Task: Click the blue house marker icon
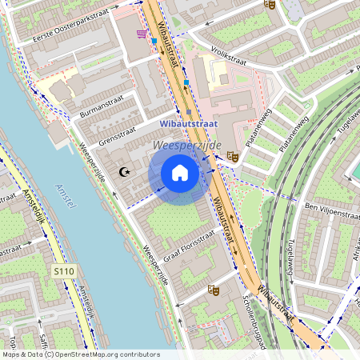[x=180, y=172]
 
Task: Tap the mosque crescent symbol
[x=123, y=171]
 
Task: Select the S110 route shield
[x=65, y=272]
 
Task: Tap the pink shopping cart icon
[x=142, y=34]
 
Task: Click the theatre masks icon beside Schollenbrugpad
[x=213, y=290]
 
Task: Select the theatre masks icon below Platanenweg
[x=233, y=156]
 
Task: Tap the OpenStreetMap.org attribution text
[x=104, y=354]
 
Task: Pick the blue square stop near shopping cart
[x=154, y=40]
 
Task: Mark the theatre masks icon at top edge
[x=270, y=4]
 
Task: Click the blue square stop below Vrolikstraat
[x=186, y=82]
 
